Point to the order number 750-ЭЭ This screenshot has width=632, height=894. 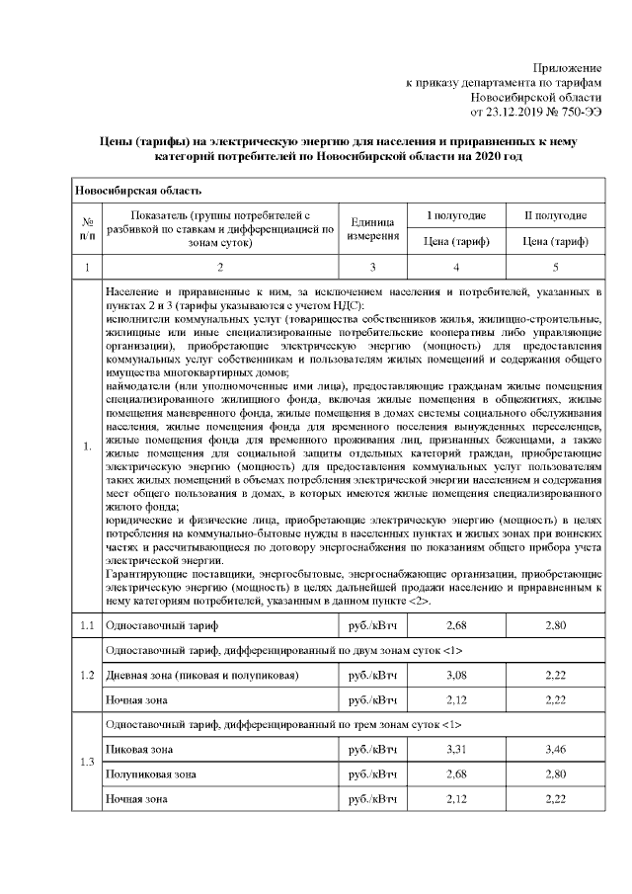click(x=575, y=113)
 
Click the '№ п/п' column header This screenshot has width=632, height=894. click(x=87, y=229)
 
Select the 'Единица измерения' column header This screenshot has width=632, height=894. click(x=372, y=229)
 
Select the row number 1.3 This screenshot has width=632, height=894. click(x=87, y=763)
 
